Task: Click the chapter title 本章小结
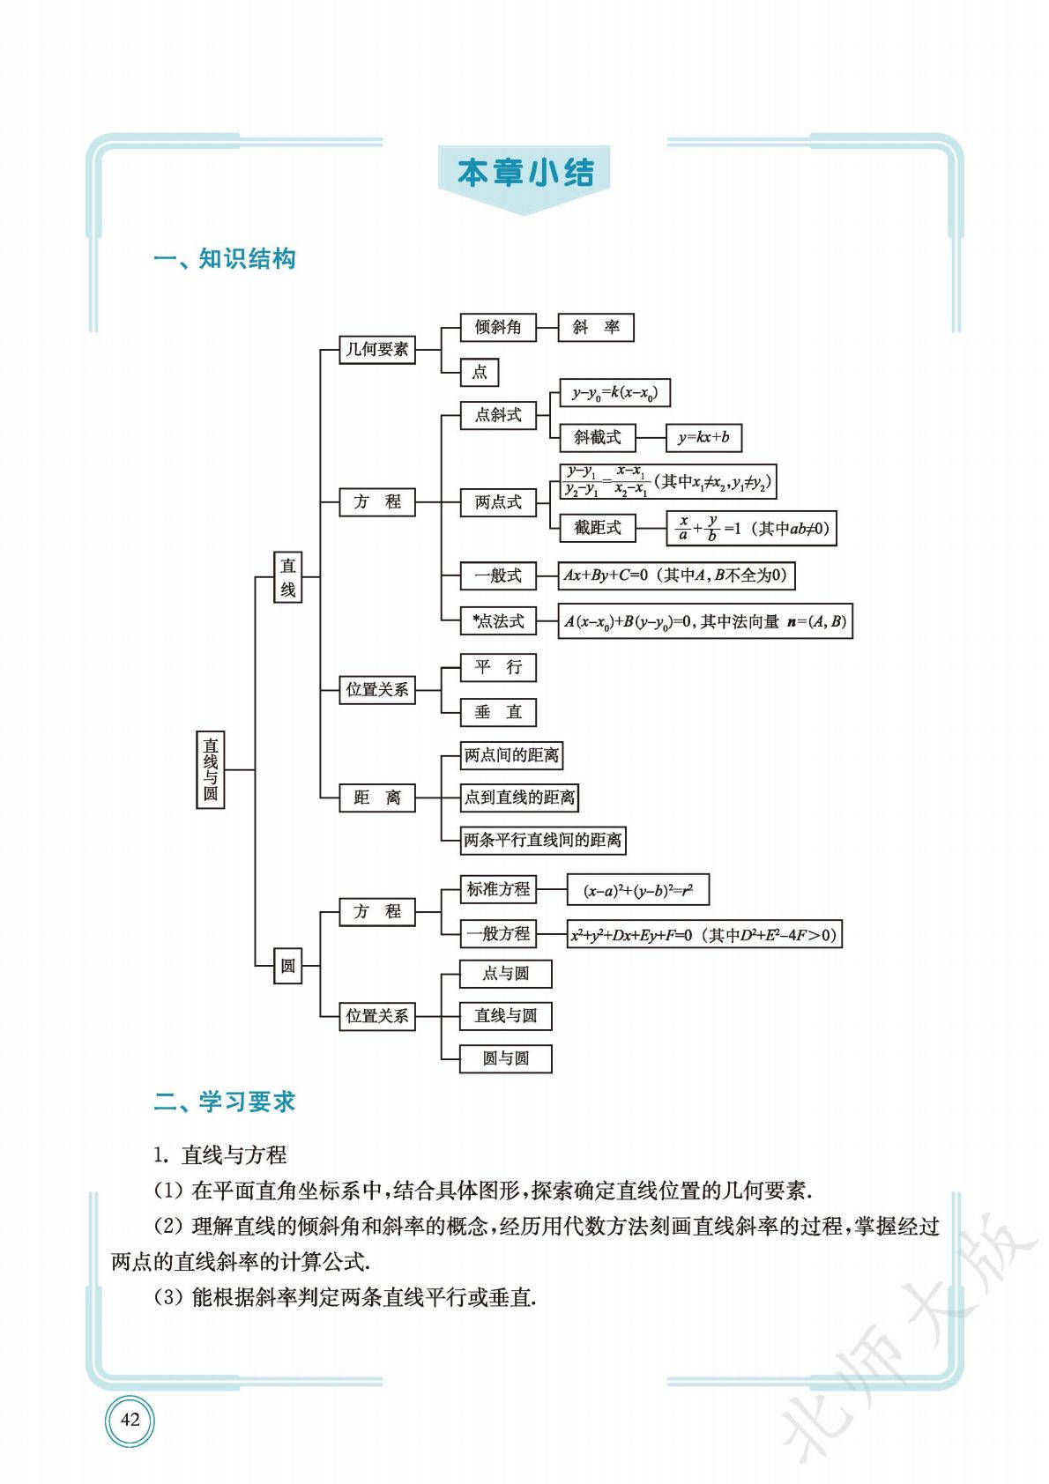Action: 525,173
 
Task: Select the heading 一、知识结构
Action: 225,259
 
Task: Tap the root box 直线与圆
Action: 211,769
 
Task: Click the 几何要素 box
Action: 377,349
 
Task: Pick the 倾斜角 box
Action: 498,327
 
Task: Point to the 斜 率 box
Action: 596,327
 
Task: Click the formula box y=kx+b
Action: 703,437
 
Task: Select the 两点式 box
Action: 498,502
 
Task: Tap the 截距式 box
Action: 598,527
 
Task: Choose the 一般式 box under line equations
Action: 498,576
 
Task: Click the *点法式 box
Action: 498,621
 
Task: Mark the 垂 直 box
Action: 498,712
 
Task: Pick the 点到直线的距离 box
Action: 519,798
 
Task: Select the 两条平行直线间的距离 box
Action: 543,840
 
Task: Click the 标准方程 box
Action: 498,889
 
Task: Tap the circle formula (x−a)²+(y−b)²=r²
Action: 637,890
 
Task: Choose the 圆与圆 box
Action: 506,1058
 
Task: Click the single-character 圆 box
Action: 287,966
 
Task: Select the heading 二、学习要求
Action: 225,1102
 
